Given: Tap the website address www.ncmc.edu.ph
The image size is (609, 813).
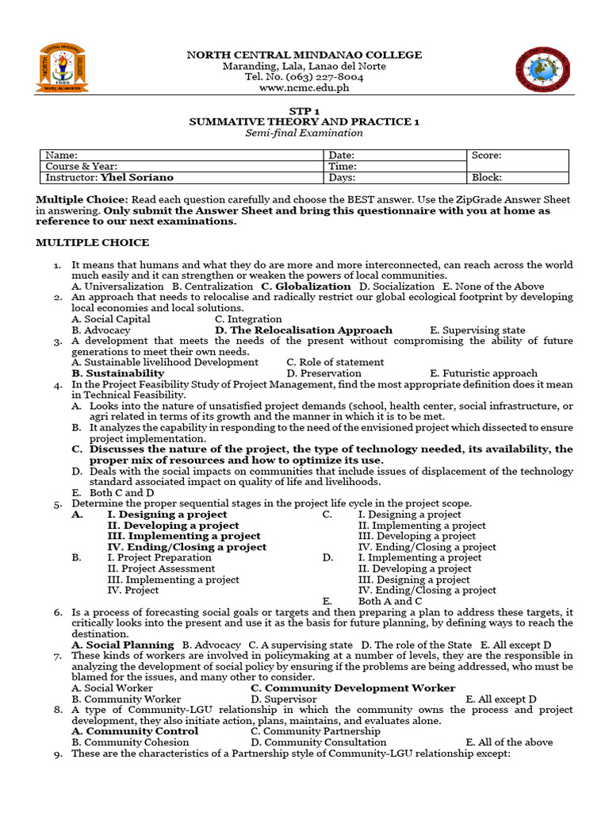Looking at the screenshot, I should [x=304, y=88].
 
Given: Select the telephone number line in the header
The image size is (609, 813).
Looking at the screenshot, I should [x=304, y=77].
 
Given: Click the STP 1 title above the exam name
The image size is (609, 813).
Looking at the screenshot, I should [x=304, y=110].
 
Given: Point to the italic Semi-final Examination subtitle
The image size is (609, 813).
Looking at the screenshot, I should [x=304, y=133].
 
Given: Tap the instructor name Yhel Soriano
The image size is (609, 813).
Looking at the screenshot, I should [x=137, y=178].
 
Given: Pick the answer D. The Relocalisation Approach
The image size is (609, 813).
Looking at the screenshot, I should [x=304, y=330].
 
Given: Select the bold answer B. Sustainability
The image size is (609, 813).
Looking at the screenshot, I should [x=118, y=373].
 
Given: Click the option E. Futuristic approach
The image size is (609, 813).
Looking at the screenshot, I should [x=484, y=373].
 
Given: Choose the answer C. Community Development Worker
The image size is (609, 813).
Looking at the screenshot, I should [x=353, y=688].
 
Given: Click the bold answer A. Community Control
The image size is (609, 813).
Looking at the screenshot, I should [x=135, y=731].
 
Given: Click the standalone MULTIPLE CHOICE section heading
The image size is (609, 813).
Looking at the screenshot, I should [x=92, y=242].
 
